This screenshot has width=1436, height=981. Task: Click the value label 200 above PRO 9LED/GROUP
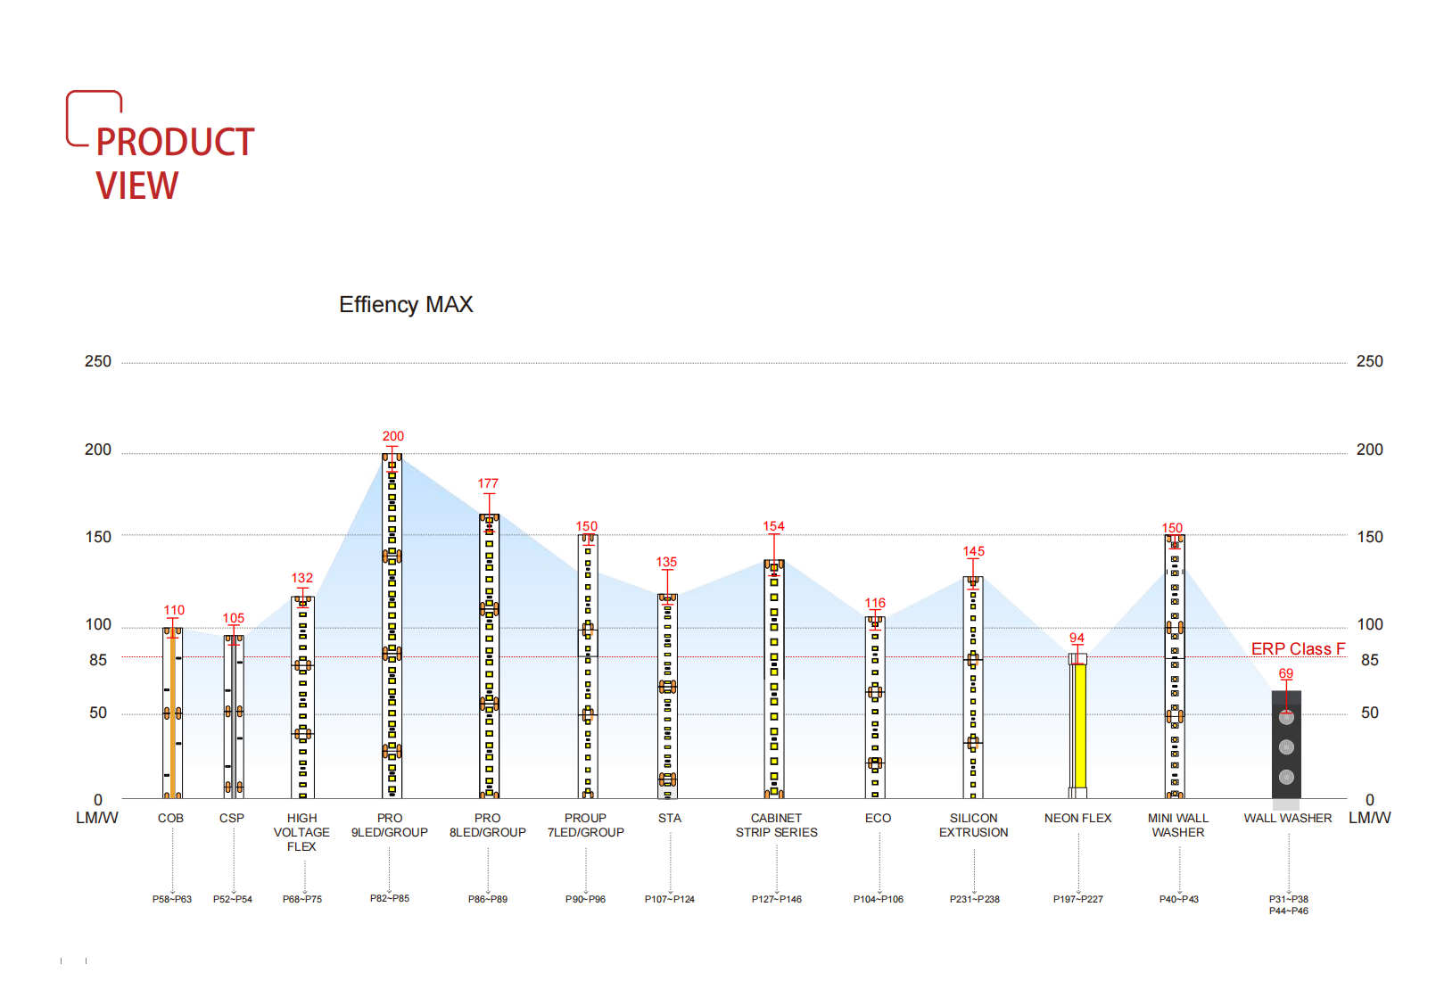pos(392,436)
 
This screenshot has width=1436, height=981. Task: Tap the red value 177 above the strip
pos(488,483)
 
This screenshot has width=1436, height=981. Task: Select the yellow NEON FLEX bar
pos(1079,724)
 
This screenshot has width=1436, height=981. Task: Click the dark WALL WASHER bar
pos(1286,745)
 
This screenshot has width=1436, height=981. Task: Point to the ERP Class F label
pos(1298,648)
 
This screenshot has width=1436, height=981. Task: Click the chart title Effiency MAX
pos(406,305)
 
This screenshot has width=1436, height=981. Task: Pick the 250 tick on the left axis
pos(98,361)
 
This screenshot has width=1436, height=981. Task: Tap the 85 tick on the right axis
pos(1369,660)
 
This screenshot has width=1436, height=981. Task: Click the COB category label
pos(170,818)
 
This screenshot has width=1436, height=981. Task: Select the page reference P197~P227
pos(1077,899)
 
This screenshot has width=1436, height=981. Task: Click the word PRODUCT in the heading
pos(175,143)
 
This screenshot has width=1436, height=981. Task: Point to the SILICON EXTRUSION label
pos(973,825)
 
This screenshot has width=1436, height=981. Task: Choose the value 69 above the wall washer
pos(1285,673)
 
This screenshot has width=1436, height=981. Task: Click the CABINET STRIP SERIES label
pos(776,825)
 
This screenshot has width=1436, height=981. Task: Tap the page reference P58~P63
pos(172,899)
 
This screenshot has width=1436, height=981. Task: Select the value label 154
pos(773,526)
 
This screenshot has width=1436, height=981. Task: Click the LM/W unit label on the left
pos(97,818)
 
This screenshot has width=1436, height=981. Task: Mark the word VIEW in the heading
pos(137,185)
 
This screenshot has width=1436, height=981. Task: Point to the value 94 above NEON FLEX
pos(1077,638)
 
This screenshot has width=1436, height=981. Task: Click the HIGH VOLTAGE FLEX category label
pos(301,832)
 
